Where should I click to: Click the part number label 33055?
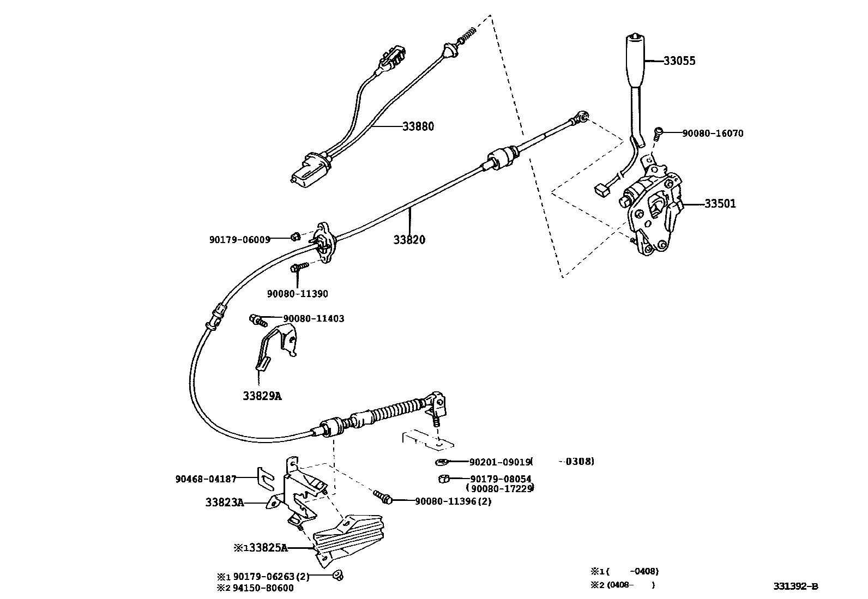(679, 61)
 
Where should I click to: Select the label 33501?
(720, 204)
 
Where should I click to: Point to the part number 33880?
(418, 126)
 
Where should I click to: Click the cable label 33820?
(409, 240)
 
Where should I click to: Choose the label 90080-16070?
(713, 134)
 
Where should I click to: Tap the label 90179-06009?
(239, 239)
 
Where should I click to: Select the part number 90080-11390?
(297, 294)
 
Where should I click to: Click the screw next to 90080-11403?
(256, 319)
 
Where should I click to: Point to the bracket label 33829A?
(262, 396)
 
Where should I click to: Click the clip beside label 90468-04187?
(265, 477)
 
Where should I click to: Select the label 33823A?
(225, 503)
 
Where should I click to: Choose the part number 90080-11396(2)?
(453, 501)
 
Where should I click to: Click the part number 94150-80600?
(263, 588)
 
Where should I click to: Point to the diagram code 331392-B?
(795, 586)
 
